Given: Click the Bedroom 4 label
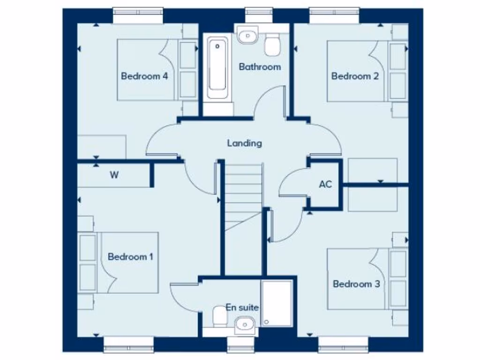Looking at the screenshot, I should tap(144, 76).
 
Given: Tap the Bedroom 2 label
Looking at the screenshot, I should tap(355, 76).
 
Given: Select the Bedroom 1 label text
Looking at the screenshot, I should tap(130, 257).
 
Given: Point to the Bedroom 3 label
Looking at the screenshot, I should tap(356, 284).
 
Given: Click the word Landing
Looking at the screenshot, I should tap(244, 143).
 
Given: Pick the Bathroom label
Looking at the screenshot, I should tap(260, 67).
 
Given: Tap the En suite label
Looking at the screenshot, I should tap(242, 307).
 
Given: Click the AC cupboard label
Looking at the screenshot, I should tap(325, 184).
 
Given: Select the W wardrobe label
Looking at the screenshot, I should tap(114, 176).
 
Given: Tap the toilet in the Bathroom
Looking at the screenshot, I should tap(272, 45).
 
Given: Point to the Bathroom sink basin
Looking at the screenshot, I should tap(247, 35).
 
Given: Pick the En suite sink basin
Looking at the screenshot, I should tap(244, 324).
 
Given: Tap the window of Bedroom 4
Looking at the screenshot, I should tap(138, 14).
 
